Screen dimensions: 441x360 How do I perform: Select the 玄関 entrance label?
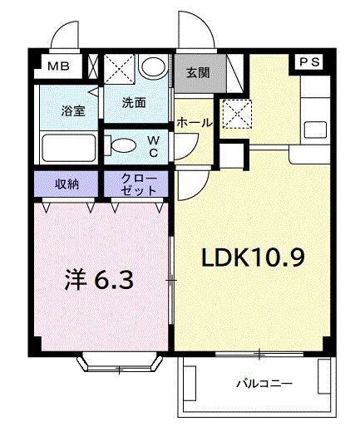tap(197, 72)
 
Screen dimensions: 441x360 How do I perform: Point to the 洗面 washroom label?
tap(134, 103)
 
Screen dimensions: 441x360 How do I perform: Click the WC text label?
tap(155, 146)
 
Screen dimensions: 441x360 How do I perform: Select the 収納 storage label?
tap(67, 184)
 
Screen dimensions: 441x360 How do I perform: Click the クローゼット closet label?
tap(136, 184)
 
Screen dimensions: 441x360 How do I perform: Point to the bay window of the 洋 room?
tap(119, 362)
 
